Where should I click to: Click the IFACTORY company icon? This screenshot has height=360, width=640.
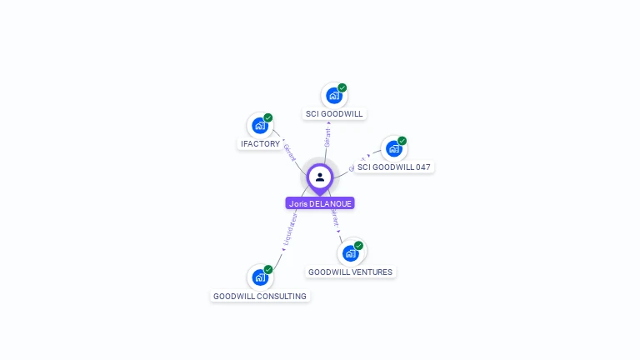pyautogui.click(x=259, y=126)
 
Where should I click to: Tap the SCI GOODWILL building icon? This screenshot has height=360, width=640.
pyautogui.click(x=333, y=96)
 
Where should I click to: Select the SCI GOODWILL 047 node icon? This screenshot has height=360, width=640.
pyautogui.click(x=393, y=149)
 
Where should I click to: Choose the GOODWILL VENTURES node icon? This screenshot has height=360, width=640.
pyautogui.click(x=350, y=253)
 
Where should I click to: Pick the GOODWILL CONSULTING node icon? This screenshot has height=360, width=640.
pyautogui.click(x=259, y=277)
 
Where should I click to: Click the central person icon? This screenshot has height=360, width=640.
pyautogui.click(x=320, y=177)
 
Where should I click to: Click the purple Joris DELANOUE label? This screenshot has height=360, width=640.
pyautogui.click(x=320, y=203)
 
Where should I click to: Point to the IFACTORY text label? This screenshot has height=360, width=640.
pyautogui.click(x=260, y=144)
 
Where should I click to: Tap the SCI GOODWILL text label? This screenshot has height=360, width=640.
pyautogui.click(x=334, y=114)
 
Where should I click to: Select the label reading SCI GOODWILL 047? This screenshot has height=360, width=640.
pyautogui.click(x=394, y=167)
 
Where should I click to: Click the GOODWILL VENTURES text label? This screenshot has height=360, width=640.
pyautogui.click(x=350, y=272)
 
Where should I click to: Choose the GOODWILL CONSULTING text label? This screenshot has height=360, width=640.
pyautogui.click(x=260, y=297)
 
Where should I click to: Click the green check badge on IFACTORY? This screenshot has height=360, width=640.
pyautogui.click(x=268, y=117)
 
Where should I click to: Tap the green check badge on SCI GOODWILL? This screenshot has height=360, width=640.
pyautogui.click(x=342, y=87)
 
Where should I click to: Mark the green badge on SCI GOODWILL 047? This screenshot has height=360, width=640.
pyautogui.click(x=402, y=141)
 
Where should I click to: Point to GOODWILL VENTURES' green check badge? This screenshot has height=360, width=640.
pyautogui.click(x=359, y=245)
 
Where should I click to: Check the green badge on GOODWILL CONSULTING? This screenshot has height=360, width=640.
pyautogui.click(x=268, y=269)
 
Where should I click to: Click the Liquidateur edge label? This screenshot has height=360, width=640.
pyautogui.click(x=289, y=234)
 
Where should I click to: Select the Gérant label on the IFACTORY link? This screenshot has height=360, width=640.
pyautogui.click(x=289, y=152)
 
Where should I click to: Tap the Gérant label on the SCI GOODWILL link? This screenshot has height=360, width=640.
pyautogui.click(x=327, y=137)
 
